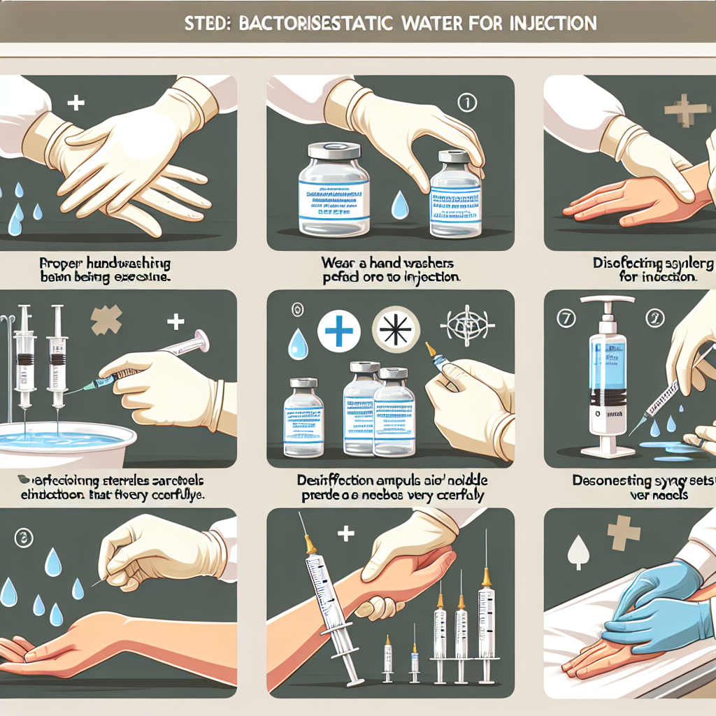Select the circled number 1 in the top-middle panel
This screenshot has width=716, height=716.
(466, 103)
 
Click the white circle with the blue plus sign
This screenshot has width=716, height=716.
(338, 330)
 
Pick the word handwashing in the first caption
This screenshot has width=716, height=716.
(129, 265)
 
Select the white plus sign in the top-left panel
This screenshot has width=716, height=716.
(75, 103)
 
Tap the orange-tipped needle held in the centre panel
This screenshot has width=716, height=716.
(436, 358)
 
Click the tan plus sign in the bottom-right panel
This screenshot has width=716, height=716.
(624, 533)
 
